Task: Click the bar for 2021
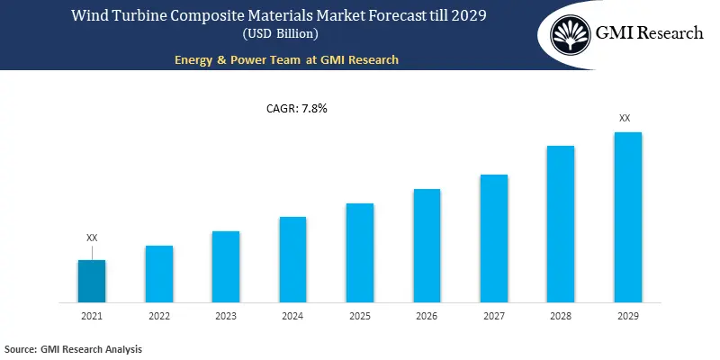(92, 281)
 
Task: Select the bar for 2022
(159, 274)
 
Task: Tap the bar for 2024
(292, 259)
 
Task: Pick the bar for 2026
(427, 245)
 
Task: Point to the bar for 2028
(561, 223)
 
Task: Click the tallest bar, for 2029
(627, 217)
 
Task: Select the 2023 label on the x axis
(226, 317)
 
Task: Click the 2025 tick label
(360, 317)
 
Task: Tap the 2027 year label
(493, 317)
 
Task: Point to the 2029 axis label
(627, 317)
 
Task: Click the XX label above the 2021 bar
(92, 238)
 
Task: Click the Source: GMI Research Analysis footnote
(73, 348)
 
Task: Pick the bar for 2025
(360, 252)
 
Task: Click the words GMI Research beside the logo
(650, 33)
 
